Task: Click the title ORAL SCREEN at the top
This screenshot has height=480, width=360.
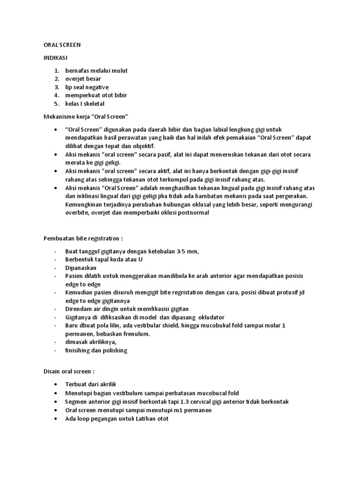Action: tap(59, 45)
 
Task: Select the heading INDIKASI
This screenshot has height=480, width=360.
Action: tap(52, 58)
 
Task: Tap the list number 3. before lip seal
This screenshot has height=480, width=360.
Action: tap(56, 87)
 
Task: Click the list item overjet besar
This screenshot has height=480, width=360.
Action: tap(83, 79)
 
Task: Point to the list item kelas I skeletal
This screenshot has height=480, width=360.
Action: tap(85, 104)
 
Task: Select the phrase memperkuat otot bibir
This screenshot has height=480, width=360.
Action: tap(96, 95)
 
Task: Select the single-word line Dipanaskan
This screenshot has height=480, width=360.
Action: tap(81, 268)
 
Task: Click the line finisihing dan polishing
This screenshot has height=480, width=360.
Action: tap(96, 350)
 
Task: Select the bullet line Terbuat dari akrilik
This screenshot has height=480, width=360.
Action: tap(90, 384)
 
